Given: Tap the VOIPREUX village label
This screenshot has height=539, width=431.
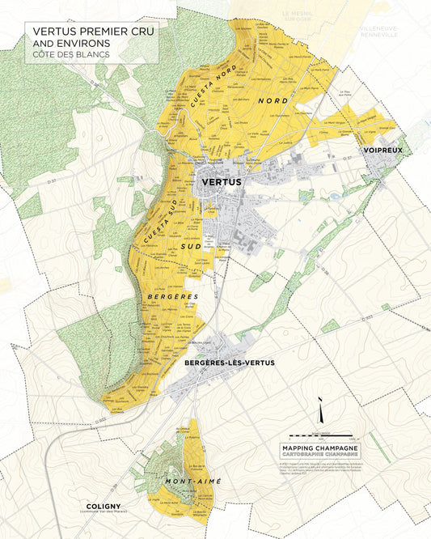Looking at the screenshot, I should click(x=382, y=150).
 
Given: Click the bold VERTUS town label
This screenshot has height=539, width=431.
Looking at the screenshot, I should click(x=220, y=183).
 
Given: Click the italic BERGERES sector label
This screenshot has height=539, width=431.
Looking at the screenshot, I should click(x=173, y=297).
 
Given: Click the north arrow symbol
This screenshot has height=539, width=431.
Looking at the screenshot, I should click(x=322, y=414).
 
